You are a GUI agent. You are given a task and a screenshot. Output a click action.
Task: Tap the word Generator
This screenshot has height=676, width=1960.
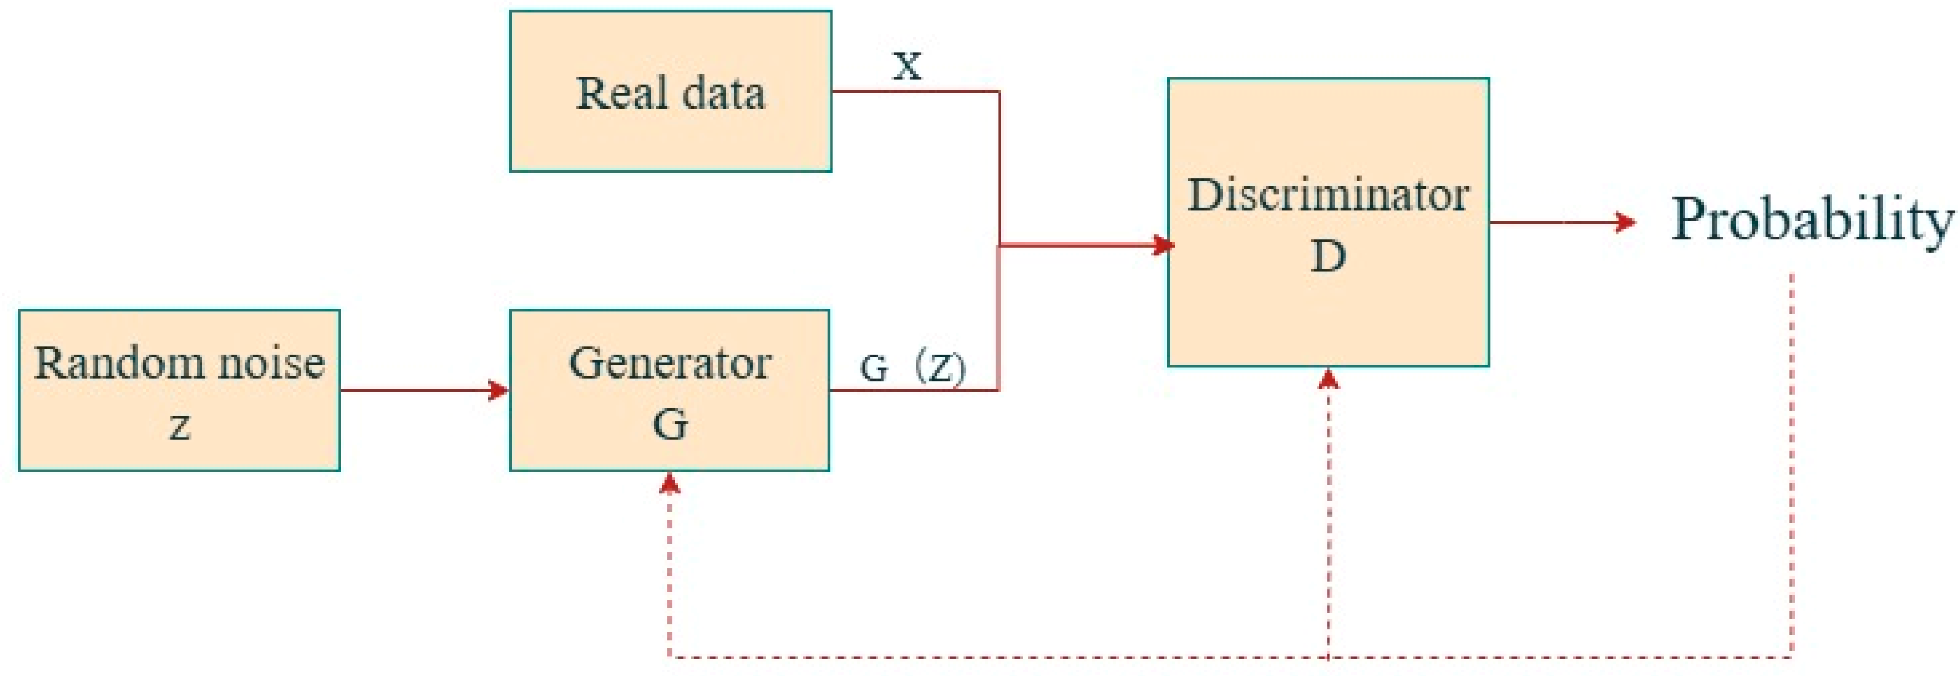(669, 363)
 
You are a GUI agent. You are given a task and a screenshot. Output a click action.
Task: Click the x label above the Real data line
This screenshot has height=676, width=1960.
(907, 65)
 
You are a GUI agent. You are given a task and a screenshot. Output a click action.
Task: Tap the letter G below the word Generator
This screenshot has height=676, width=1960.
(669, 424)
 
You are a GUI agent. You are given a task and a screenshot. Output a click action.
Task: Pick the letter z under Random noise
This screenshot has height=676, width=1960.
(179, 426)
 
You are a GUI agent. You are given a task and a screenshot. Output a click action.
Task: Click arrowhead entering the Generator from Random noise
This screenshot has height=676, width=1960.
(499, 390)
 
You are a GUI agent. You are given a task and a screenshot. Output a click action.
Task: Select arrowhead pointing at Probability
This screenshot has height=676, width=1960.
(1625, 222)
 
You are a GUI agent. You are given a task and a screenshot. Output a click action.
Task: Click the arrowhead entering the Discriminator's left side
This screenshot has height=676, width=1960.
(1162, 245)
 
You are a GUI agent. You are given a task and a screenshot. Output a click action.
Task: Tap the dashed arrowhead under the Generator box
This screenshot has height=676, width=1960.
(669, 484)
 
